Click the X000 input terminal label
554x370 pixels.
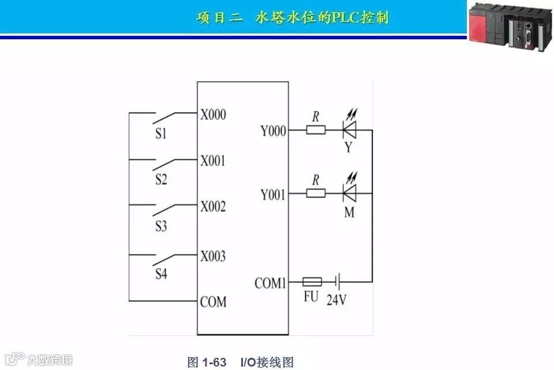tap(213, 114)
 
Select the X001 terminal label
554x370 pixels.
tap(213, 160)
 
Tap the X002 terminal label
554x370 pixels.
tap(213, 207)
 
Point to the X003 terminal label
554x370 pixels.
tap(213, 256)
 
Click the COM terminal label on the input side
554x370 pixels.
tap(213, 301)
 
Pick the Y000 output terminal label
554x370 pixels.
tap(273, 132)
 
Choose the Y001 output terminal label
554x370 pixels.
tap(273, 195)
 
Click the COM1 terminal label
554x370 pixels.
tap(270, 283)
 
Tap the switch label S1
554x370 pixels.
tap(161, 134)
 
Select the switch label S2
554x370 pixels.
tap(161, 180)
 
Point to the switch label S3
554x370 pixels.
tap(161, 226)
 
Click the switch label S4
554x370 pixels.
tap(161, 274)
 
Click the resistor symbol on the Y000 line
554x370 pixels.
tap(316, 130)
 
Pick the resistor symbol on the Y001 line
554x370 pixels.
tap(316, 193)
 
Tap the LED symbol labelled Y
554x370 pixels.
tap(349, 130)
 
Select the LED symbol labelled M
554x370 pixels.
tap(349, 193)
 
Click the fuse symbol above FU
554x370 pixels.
tap(312, 282)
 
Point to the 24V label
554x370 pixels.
tap(338, 300)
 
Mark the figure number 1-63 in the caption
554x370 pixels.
tap(214, 362)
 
